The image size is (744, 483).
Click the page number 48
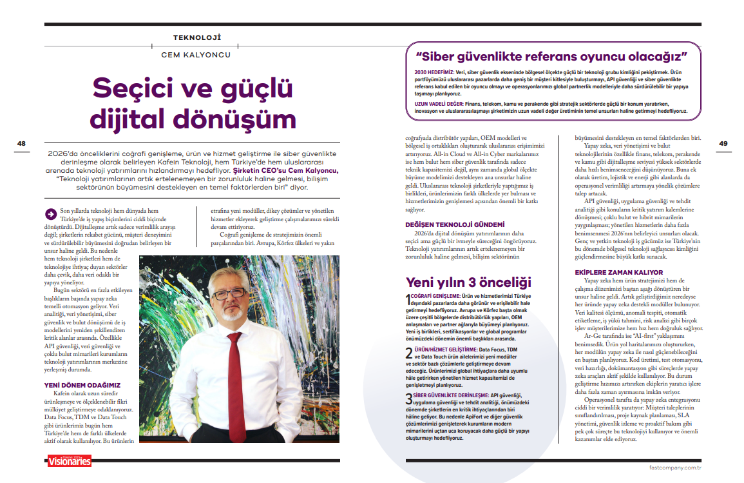click(21, 143)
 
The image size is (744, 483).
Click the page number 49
click(723, 143)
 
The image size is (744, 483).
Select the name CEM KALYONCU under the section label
click(196, 55)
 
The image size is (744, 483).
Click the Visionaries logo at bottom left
click(69, 461)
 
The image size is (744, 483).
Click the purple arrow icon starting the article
click(50, 212)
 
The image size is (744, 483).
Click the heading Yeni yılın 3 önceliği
click(468, 281)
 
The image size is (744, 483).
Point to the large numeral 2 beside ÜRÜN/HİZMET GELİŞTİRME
click(409, 353)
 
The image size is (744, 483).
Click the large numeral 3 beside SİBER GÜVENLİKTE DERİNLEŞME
click(409, 397)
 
